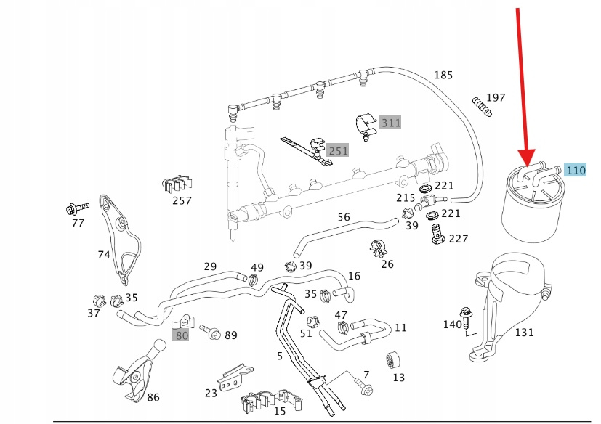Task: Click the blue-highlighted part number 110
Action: pyautogui.click(x=575, y=171)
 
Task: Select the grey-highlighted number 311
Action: pyautogui.click(x=391, y=123)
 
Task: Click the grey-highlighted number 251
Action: pyautogui.click(x=338, y=151)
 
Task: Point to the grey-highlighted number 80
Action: pyautogui.click(x=181, y=335)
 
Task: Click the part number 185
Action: pyautogui.click(x=443, y=75)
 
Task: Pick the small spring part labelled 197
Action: pyautogui.click(x=481, y=106)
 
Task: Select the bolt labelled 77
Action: pyautogui.click(x=74, y=209)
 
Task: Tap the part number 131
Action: pyautogui.click(x=524, y=333)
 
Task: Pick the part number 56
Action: pyautogui.click(x=344, y=217)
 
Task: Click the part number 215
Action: pyautogui.click(x=406, y=197)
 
